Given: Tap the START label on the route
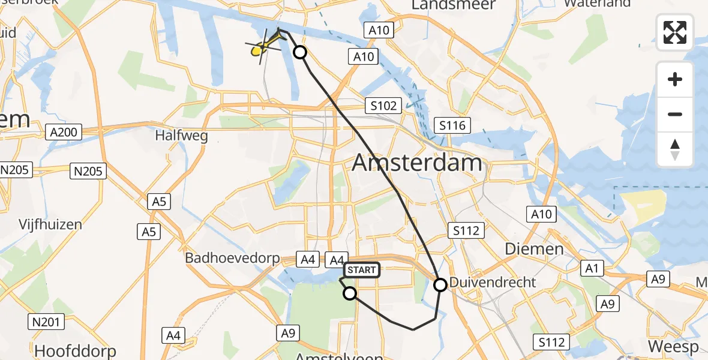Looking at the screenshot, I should click(361, 271).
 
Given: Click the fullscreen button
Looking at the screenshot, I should click(675, 32).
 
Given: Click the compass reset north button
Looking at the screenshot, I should click(675, 149).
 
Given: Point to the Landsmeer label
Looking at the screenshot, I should click(454, 5).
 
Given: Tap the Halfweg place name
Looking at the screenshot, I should click(181, 136).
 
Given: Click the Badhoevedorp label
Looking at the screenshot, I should click(233, 259).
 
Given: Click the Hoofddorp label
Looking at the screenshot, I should click(76, 350).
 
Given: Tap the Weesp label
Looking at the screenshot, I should click(673, 347).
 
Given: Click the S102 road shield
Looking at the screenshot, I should click(383, 106).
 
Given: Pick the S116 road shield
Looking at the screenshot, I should click(452, 125).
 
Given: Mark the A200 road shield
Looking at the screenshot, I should click(64, 132).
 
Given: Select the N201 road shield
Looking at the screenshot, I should click(46, 322).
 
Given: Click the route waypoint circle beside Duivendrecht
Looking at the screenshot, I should click(440, 285).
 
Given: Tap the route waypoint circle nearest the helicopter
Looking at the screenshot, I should click(299, 53).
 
